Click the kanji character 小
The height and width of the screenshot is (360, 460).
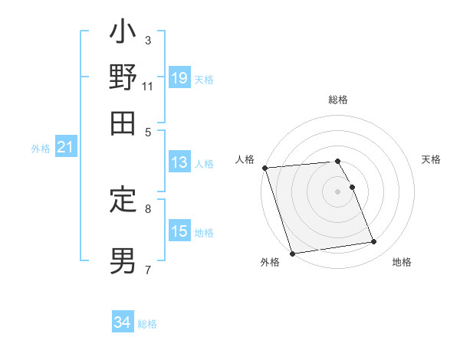coord(123,35)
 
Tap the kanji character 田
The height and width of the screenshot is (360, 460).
coord(123,123)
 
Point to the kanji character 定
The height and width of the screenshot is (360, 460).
coord(123,201)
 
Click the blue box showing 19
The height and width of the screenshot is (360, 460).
coord(179,77)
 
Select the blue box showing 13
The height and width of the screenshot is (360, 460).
coord(179,162)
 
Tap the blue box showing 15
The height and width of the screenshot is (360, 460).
coord(179,231)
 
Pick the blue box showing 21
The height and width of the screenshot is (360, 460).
coord(65,148)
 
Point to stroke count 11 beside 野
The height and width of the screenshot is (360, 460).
coord(148,86)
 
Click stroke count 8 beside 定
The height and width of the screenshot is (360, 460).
coord(148,208)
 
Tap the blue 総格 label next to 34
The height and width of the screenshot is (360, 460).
coord(147,324)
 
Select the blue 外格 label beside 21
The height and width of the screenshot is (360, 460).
coord(41,149)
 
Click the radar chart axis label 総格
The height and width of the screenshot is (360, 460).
coord(338,100)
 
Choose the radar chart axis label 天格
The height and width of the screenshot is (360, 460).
coord(432,159)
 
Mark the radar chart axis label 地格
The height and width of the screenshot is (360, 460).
coord(402,263)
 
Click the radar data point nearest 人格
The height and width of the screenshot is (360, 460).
coord(264,168)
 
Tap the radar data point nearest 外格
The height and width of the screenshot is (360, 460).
coord(293,253)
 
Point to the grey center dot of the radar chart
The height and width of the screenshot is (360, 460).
coord(338,191)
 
